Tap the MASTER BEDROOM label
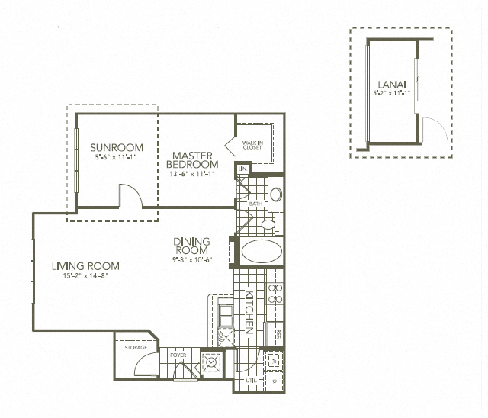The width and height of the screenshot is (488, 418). coord(193,159)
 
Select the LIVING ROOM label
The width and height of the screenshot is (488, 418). coord(85,266)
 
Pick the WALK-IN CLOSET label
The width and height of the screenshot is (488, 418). coord(253,145)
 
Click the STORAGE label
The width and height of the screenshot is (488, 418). coord(136,348)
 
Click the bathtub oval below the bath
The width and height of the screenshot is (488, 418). coord(260,252)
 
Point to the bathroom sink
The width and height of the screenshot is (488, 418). coord(276,195)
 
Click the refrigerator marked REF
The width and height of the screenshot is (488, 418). coord(278,333)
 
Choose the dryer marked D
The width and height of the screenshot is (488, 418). coord(274,380)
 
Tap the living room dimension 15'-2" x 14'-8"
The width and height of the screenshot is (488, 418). coord(85,276)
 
